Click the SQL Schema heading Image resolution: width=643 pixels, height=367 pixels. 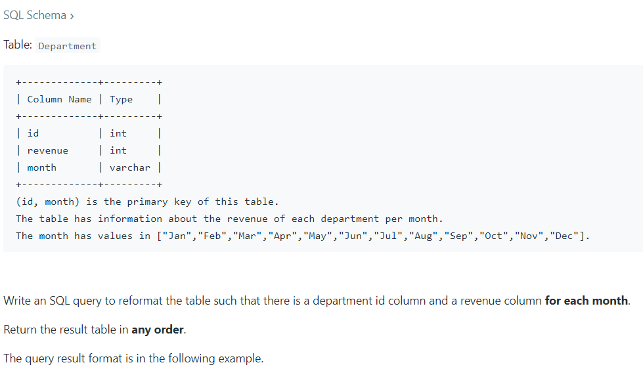coord(34,15)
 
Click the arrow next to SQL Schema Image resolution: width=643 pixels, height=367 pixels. coord(72,16)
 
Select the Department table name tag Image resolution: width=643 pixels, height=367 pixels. coord(67,46)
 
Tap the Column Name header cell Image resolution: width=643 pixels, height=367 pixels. coord(59,99)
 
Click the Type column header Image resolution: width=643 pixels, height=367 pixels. coord(121,99)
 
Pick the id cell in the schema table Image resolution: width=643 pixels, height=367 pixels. coord(33,133)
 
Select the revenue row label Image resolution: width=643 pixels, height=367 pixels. coord(47,150)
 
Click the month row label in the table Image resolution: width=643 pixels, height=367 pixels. coord(41,167)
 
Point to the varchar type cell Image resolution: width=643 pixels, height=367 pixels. coord(129,167)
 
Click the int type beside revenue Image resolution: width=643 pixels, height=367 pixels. coord(118,150)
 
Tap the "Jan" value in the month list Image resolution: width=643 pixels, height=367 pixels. coord(177,236)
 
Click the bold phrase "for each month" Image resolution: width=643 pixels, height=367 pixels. coord(587,301)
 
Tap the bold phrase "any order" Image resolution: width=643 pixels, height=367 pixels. coord(158,330)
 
